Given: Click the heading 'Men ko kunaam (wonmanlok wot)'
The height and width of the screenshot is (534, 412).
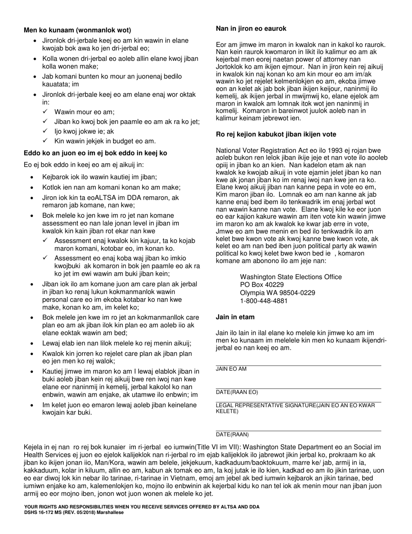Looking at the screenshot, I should click(77, 30).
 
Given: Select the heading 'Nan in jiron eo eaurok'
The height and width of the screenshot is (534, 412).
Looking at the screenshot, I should click(251, 29).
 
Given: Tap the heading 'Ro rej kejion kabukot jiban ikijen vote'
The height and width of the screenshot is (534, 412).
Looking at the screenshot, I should click(276, 135).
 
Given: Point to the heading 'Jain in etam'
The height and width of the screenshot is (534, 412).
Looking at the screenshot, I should click(235, 317).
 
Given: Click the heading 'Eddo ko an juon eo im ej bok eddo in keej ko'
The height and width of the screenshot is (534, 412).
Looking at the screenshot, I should click(95, 153).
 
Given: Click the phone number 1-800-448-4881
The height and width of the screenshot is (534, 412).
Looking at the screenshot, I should click(264, 300).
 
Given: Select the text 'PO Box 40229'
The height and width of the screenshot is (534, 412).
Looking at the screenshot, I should click(262, 285).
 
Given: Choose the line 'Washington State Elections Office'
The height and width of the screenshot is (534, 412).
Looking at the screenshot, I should click(291, 277).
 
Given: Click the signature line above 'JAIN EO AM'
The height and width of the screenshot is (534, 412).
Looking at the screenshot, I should click(298, 366).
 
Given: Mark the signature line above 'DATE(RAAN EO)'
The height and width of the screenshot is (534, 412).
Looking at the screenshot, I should click(298, 389).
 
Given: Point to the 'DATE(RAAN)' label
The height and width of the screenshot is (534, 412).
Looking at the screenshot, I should click(232, 435).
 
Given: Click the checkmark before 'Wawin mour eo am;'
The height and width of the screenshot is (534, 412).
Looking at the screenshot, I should click(45, 112).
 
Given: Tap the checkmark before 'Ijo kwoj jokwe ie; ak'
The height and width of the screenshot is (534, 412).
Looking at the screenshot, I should click(45, 131).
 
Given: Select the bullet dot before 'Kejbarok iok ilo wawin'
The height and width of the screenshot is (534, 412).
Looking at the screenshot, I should click(33, 177).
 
